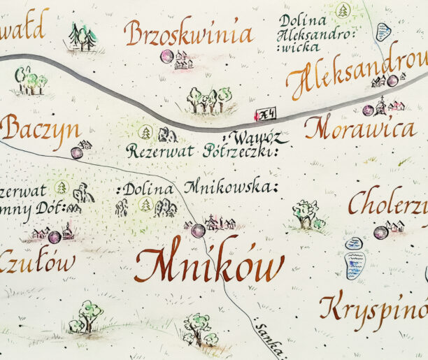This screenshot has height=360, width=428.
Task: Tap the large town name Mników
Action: pos(209,266)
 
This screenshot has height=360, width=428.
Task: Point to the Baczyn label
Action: pos(40,129)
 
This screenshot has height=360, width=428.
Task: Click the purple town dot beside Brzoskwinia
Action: pos(166,56)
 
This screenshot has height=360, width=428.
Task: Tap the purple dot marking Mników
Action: pos(199,230)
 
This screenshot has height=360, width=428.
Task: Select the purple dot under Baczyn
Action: pos(76,152)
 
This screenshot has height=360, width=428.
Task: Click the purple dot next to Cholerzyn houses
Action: pos(380,232)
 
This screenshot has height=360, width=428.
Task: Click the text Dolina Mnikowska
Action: pos(199,188)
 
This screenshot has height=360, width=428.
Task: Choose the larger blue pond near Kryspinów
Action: pos(355,266)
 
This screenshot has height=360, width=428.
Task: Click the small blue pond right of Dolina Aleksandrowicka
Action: pos(383,31)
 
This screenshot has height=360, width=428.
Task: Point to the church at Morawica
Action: pos(380,106)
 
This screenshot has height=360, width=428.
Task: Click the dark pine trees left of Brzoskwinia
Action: pos(83,36)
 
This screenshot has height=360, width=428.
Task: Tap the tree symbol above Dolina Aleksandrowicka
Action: pos(343,10)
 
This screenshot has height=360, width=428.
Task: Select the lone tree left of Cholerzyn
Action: pos(306,213)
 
